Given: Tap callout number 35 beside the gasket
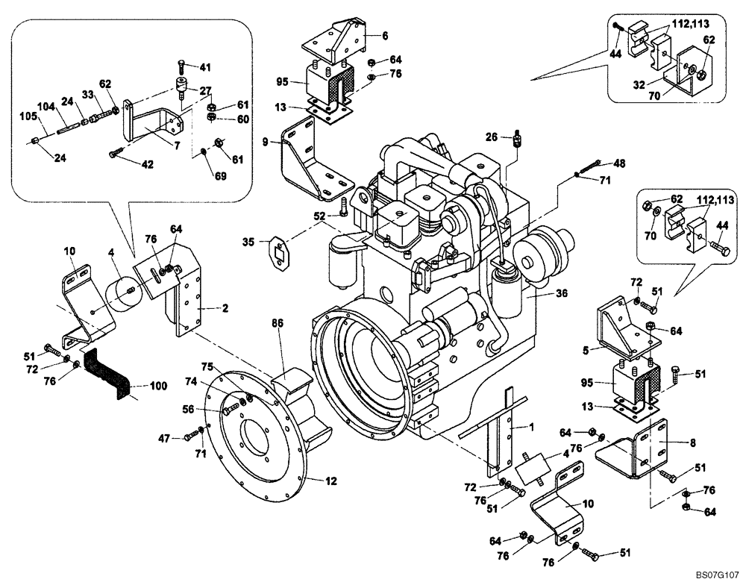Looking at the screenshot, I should [249, 241].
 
